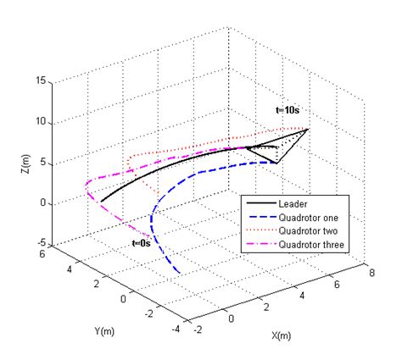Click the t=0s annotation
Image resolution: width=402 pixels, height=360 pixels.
[142, 243]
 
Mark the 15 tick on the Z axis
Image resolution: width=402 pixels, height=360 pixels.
[43, 81]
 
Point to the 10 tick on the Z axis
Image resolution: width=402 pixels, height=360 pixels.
[43, 122]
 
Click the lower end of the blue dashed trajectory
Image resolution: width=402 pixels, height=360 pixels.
[180, 273]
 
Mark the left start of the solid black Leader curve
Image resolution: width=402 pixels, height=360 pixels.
[101, 202]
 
